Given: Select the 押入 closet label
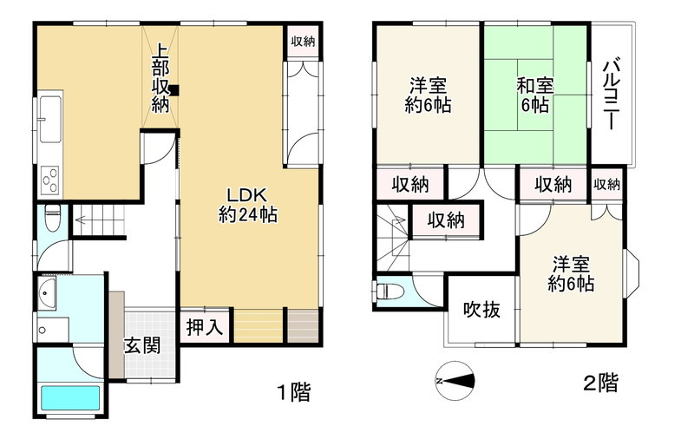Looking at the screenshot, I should [x=206, y=328].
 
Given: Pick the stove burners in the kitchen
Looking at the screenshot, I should [x=50, y=180].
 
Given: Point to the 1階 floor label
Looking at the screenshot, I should [x=293, y=392].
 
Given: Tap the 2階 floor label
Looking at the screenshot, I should [x=600, y=383].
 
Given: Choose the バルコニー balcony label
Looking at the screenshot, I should [x=613, y=94].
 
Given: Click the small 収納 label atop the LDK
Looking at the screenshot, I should [x=303, y=41].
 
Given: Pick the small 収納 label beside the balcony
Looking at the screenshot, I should [x=607, y=183].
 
